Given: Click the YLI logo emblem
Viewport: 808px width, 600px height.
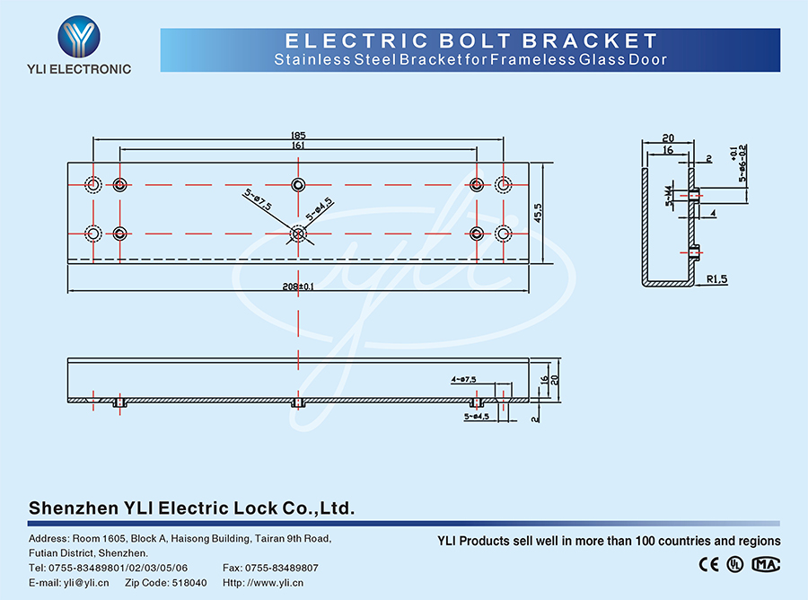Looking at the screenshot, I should (x=80, y=36).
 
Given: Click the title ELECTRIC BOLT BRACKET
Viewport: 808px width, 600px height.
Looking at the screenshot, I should (x=470, y=40).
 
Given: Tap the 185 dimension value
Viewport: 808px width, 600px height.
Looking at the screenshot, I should (x=298, y=136).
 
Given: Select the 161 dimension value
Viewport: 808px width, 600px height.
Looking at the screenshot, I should (x=298, y=146).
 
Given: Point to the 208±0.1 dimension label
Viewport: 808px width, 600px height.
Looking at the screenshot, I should (x=297, y=287).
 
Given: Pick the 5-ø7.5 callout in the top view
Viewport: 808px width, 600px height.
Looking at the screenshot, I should (x=258, y=199).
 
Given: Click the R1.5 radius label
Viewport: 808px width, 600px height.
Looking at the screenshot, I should (x=716, y=279).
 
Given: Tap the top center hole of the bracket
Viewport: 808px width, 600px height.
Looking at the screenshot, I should (x=298, y=185).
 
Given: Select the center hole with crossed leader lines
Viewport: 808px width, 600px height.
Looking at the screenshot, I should (x=298, y=234).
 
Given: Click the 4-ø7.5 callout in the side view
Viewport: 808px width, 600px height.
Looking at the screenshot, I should (x=465, y=380).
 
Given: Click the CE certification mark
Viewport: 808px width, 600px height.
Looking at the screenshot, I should (x=709, y=564).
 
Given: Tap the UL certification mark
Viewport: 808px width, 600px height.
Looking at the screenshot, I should (x=735, y=564).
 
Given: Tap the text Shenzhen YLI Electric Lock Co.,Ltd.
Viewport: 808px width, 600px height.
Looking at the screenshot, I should (x=192, y=507).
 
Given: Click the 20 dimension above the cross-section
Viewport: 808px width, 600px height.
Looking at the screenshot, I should (x=668, y=138).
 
